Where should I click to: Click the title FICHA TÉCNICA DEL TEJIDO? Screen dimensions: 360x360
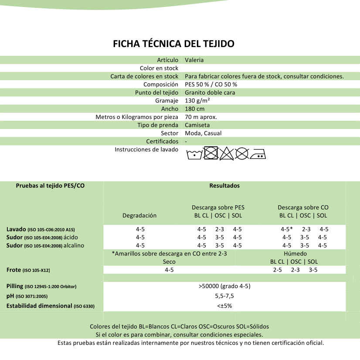[x=173, y=44]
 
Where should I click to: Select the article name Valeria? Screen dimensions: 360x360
[x=194, y=60]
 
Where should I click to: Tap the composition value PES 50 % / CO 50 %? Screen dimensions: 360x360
[x=211, y=85]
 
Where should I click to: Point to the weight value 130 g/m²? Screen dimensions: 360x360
[x=198, y=101]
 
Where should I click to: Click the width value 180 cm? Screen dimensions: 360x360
[x=194, y=109]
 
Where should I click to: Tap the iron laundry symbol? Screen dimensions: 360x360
[x=258, y=154]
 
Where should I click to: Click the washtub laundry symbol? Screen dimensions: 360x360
[x=194, y=154]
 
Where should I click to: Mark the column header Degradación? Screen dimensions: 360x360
[x=139, y=215]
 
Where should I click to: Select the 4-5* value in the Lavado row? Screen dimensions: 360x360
[x=286, y=229]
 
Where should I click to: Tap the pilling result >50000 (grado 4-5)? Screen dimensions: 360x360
[x=224, y=286]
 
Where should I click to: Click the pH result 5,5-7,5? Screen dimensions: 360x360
[x=225, y=296]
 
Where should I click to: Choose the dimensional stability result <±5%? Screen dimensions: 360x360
[x=224, y=306]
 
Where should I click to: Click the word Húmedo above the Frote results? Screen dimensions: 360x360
[x=295, y=254]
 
